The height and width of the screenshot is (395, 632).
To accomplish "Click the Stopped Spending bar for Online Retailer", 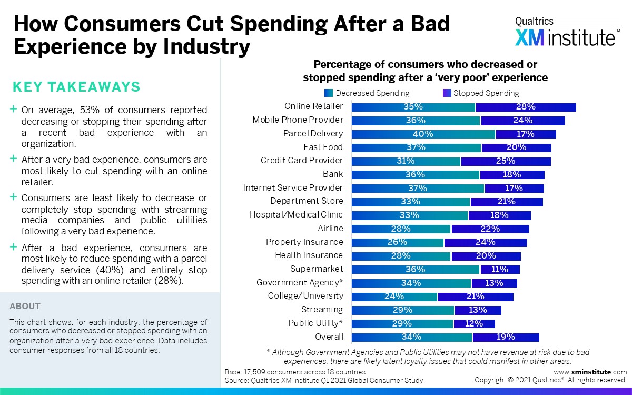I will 526,107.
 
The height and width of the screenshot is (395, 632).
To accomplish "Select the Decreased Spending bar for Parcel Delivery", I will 423,134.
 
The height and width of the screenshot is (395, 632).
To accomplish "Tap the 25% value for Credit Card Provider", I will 506,161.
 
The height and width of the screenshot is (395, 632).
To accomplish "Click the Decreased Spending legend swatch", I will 329,93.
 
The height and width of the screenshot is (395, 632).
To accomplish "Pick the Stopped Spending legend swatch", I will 447,93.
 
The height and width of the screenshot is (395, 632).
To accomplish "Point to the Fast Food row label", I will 323,147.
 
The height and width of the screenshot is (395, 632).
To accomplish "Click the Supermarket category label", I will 317,269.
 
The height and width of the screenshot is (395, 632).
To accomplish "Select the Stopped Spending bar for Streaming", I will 478,310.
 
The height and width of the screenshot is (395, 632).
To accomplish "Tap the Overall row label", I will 329,337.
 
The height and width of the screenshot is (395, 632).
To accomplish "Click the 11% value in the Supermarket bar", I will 499,269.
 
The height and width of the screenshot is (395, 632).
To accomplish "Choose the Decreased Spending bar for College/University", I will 394,296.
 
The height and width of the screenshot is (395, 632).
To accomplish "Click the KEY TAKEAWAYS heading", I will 76,87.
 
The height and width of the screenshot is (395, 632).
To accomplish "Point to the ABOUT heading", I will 25,306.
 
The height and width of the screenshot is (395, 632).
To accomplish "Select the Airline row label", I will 330,228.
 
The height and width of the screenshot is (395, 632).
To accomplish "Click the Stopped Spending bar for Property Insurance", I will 485,242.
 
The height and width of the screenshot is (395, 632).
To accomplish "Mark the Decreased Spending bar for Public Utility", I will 402,323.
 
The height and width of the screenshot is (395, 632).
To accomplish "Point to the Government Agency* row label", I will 300,283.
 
